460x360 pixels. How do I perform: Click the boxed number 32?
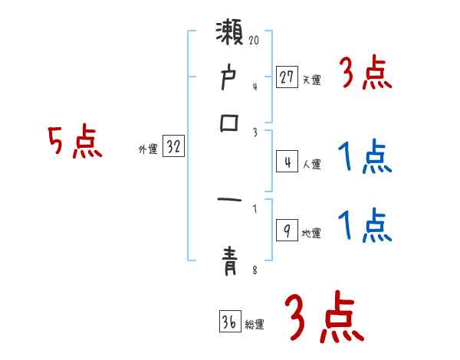point(173,147)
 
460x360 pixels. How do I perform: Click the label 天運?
point(311,80)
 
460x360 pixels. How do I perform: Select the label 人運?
point(311,164)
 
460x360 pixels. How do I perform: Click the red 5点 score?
point(76,142)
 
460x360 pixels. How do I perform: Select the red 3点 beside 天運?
point(365,74)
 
